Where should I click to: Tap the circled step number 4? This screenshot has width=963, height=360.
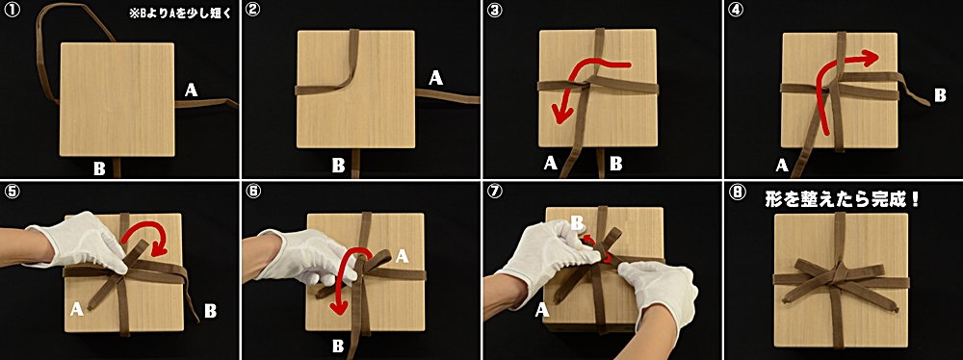[735, 10]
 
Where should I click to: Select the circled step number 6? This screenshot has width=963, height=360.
[250, 191]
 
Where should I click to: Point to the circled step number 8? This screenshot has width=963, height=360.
[735, 191]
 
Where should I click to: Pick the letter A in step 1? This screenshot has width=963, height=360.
[191, 90]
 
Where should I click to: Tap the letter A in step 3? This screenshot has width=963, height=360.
[550, 163]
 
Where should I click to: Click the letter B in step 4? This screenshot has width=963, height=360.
[940, 95]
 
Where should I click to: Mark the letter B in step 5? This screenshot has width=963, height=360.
[210, 311]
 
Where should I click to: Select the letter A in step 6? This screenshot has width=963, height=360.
[403, 256]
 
